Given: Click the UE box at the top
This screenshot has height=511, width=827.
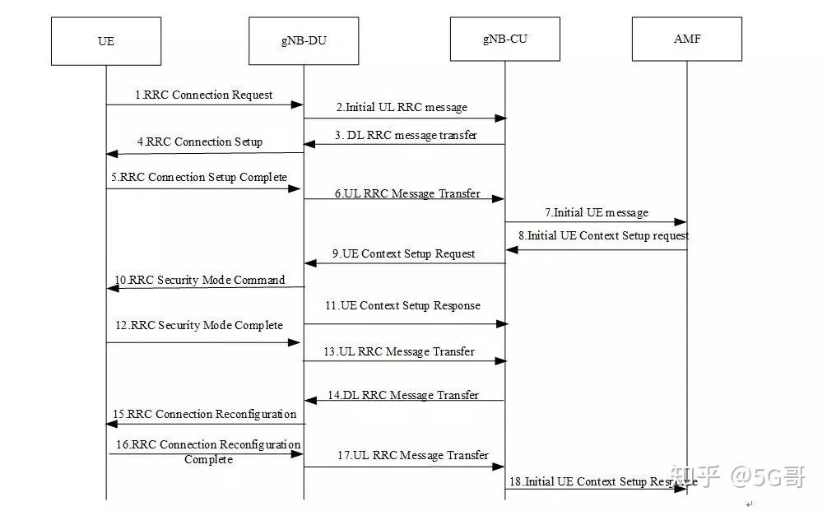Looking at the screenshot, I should (x=105, y=40).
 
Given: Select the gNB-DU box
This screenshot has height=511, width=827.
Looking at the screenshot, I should (x=304, y=40).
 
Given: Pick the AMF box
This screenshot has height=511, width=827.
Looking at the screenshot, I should (x=686, y=38).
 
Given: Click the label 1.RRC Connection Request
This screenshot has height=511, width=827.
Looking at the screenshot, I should (x=204, y=95).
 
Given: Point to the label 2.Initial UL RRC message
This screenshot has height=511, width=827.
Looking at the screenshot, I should (x=402, y=108).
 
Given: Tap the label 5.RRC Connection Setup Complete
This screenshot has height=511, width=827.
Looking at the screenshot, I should (x=200, y=178).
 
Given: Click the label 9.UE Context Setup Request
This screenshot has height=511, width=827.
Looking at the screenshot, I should (x=404, y=254).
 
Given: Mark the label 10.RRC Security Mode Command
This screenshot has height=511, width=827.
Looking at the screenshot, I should (x=200, y=281).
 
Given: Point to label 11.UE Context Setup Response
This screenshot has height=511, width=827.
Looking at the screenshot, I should (x=402, y=306).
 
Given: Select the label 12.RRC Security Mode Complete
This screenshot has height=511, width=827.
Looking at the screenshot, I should (x=199, y=326).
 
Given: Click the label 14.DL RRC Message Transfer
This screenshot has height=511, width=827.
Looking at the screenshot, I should (x=403, y=396).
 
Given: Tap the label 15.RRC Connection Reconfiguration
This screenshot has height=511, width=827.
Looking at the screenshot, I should (x=204, y=415).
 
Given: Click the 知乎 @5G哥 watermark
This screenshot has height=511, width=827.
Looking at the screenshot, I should (x=737, y=476).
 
